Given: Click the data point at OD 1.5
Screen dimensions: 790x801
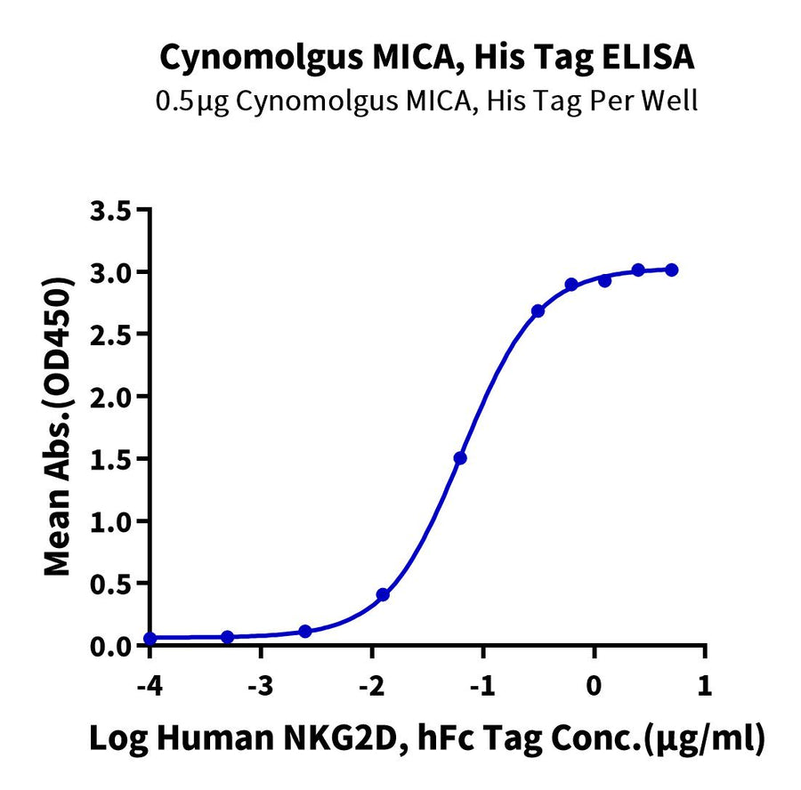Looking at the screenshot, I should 460,458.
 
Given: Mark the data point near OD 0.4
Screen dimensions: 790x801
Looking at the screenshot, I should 383,594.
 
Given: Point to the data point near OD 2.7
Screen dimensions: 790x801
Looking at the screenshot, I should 538,310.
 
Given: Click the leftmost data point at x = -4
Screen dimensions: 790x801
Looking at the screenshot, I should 150,639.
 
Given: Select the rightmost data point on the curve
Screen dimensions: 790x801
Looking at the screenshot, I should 672,270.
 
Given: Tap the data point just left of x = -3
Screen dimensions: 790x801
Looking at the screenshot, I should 227,637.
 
